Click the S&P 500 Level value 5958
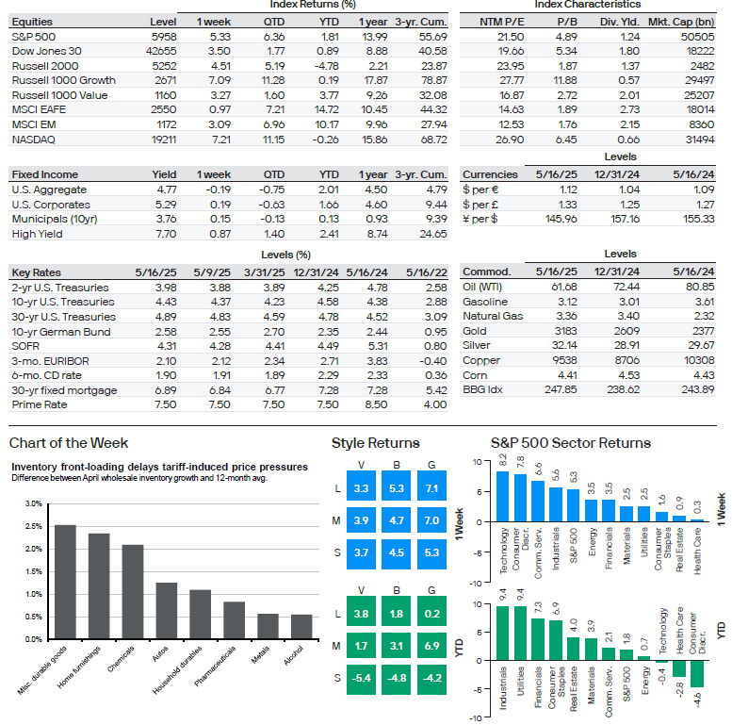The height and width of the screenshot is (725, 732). coord(164,37)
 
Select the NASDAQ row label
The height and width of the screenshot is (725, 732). coord(34,140)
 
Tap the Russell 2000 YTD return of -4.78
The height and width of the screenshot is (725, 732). coord(326,66)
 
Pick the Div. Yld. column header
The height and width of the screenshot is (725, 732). coord(620,22)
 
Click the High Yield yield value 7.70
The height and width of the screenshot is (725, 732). coord(166,234)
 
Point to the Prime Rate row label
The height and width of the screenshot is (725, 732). coord(40,404)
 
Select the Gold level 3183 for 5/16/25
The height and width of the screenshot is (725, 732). coord(566,331)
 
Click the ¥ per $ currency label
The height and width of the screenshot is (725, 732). coord(480,219)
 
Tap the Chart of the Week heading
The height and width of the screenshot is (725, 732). coord(69,443)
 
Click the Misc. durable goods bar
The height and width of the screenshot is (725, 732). coord(65,582)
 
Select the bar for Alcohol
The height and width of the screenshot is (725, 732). coord(301,627)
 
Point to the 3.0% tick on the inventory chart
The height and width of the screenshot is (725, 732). coord(34,503)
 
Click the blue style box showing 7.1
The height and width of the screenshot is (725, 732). coord(431,488)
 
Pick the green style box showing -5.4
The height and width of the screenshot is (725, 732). coord(362,678)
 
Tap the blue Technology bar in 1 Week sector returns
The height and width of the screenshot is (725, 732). coord(502,497)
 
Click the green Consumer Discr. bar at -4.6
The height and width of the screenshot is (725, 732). coord(697,673)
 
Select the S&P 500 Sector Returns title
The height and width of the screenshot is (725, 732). coord(571,443)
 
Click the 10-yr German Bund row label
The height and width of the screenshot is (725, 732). coord(61,332)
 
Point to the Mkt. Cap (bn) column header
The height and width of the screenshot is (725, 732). coord(681,22)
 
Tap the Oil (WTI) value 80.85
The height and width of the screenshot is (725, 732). coord(700,287)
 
